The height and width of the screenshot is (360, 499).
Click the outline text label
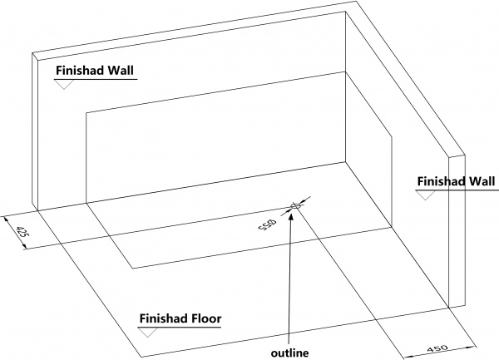(289, 353)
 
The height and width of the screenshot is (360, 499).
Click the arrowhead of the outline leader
(290, 218)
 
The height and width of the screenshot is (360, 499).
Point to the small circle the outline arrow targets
(294, 206)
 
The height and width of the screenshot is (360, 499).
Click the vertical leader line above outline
(289, 283)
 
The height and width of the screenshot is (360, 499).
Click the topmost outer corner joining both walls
(358, 2)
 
